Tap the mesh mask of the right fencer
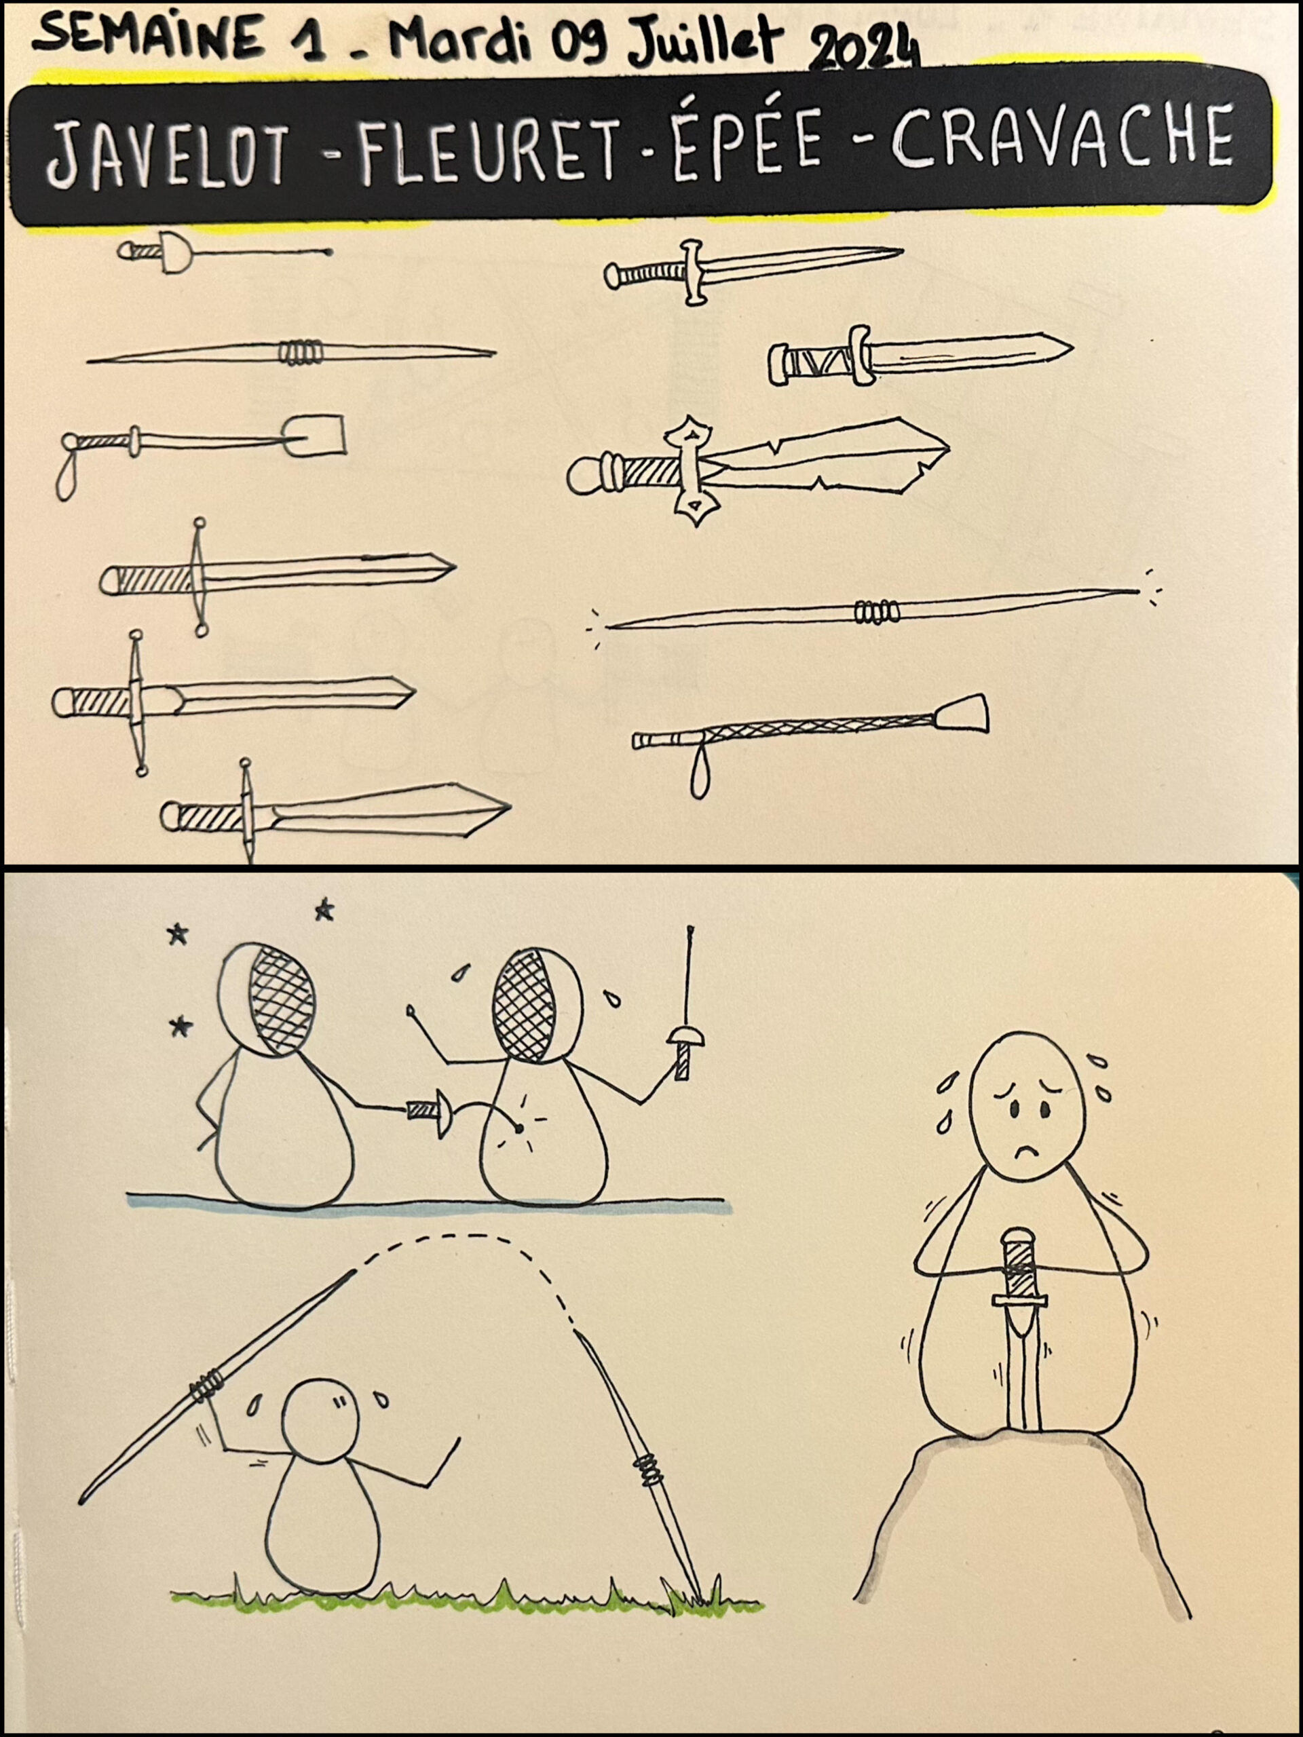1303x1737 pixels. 523,1001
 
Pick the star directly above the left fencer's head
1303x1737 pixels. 324,911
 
